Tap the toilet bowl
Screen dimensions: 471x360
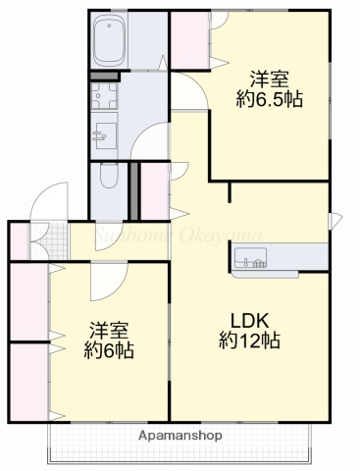click(x=107, y=178)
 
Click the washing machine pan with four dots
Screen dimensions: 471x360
click(x=103, y=96)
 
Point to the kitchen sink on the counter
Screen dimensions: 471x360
click(x=249, y=261)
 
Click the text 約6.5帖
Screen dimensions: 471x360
click(x=268, y=97)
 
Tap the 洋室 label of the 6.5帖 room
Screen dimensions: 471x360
click(x=268, y=78)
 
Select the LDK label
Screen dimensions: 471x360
click(x=249, y=320)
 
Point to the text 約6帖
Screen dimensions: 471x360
click(x=109, y=350)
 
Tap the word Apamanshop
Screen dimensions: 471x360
click(x=180, y=435)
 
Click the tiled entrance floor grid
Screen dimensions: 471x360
click(x=55, y=241)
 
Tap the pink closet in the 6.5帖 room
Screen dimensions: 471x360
click(x=188, y=40)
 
